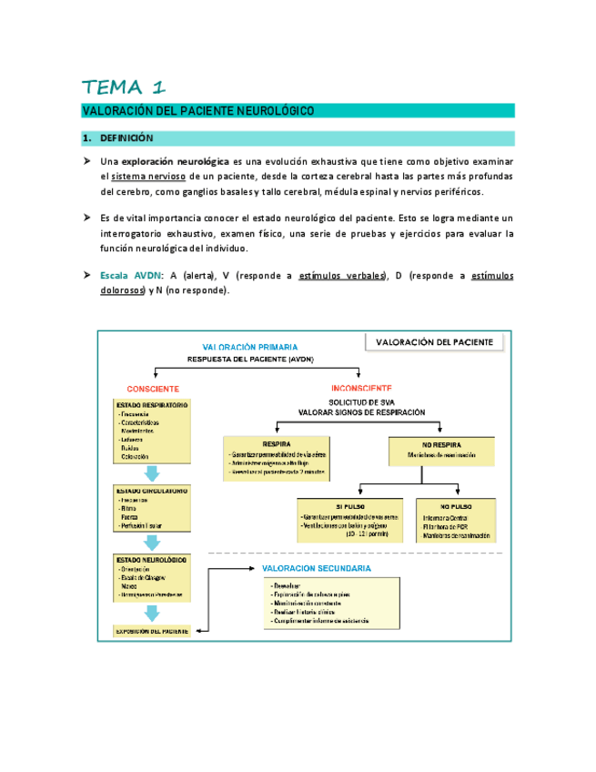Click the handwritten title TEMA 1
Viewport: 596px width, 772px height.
[124, 87]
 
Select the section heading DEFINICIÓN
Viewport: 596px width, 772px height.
[126, 138]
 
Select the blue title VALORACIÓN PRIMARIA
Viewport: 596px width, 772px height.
[249, 347]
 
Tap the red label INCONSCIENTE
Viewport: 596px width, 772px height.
[362, 387]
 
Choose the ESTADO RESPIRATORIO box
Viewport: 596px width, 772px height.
[151, 431]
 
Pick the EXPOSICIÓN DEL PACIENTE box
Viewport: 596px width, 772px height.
[151, 630]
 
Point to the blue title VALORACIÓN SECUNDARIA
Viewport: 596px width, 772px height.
[316, 568]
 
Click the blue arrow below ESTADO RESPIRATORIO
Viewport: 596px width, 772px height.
[152, 473]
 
